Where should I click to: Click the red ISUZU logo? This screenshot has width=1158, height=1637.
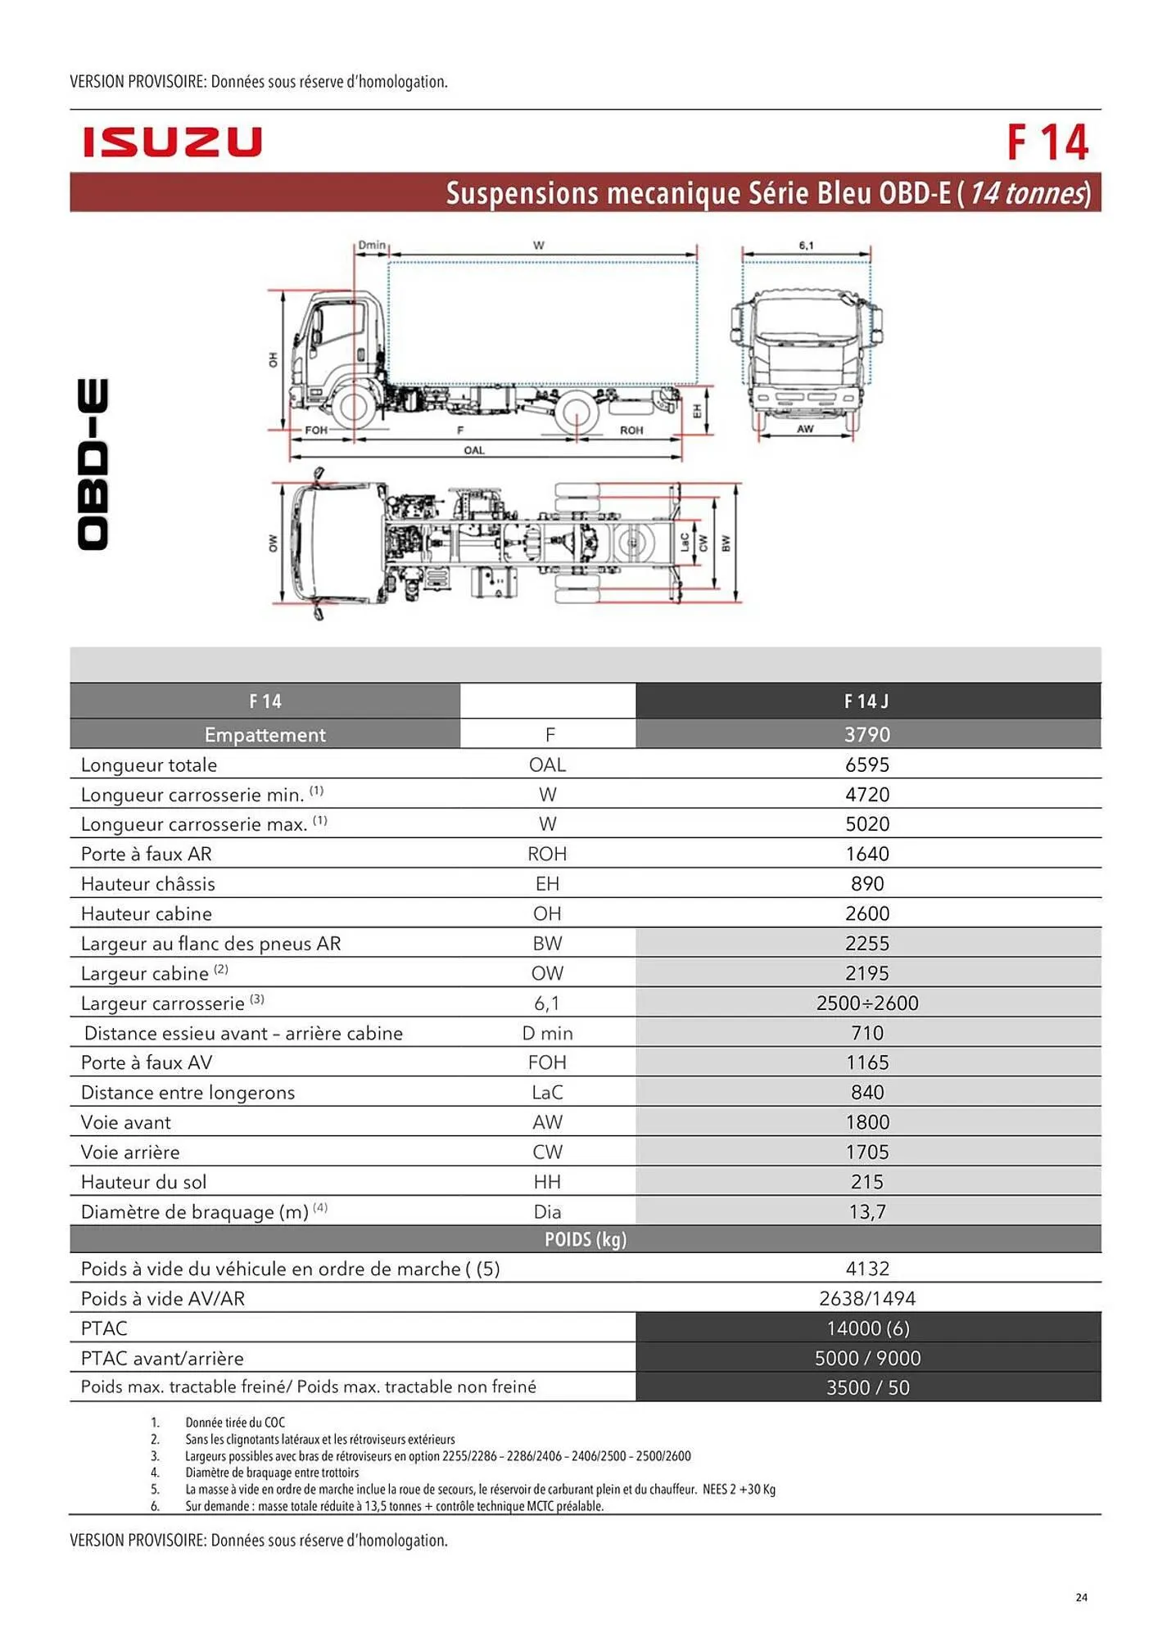point(172,142)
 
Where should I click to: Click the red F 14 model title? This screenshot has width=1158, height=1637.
point(1047,143)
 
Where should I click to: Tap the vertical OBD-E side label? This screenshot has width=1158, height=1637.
point(93,464)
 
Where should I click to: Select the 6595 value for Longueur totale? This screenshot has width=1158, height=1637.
point(867,764)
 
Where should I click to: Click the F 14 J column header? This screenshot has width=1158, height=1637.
point(866,701)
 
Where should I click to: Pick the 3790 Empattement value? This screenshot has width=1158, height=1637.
point(867,734)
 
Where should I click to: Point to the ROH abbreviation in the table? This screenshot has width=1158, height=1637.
point(547,854)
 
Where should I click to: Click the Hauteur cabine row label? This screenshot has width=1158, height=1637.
point(147,913)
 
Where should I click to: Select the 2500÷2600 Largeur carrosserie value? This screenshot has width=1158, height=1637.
point(867,1003)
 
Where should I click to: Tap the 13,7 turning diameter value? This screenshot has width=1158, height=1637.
point(867,1211)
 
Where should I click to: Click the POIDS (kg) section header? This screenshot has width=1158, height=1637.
point(585,1239)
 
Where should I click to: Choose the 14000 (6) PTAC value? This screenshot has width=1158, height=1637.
point(867,1328)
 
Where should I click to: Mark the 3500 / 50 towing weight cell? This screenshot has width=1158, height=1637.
point(867,1387)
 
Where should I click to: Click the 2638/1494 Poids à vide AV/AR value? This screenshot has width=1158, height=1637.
point(867,1298)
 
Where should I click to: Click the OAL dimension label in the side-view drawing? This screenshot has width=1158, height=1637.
point(474,450)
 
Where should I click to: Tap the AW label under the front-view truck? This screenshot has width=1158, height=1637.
point(805,429)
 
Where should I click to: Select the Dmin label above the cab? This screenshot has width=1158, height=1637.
point(372,245)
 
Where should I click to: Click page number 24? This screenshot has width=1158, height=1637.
point(1081,1597)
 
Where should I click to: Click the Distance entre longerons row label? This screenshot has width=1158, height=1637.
point(188,1093)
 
